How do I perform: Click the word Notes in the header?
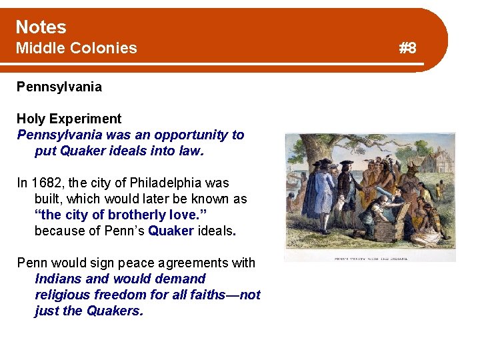click(x=41, y=27)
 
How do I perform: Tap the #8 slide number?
click(x=407, y=48)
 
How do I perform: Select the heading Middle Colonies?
click(x=76, y=48)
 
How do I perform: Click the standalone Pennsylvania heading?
click(x=59, y=87)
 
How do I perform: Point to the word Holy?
click(x=31, y=119)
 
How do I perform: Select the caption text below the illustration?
click(x=370, y=258)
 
